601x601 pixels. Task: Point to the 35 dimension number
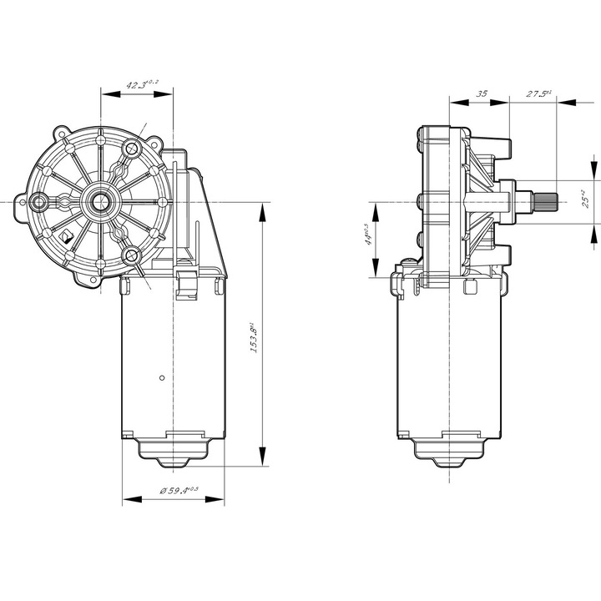pyautogui.click(x=481, y=94)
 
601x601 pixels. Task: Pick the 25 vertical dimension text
pyautogui.click(x=588, y=199)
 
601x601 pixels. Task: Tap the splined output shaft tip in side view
pyautogui.click(x=543, y=201)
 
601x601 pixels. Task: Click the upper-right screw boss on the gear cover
pyautogui.click(x=131, y=150)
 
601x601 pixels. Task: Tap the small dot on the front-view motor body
pyautogui.click(x=160, y=376)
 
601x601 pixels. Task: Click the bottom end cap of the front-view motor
pyautogui.click(x=173, y=451)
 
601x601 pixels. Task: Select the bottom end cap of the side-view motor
pyautogui.click(x=449, y=451)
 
